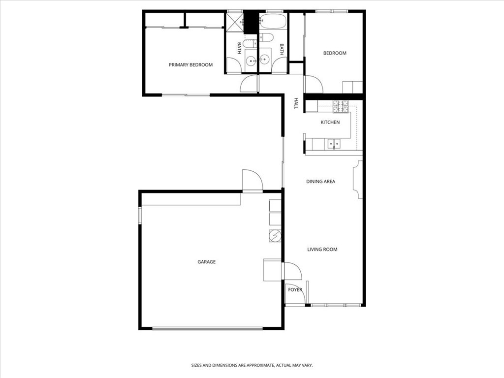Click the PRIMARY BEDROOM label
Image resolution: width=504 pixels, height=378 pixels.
tap(190, 65)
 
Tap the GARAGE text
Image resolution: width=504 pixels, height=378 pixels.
tap(206, 262)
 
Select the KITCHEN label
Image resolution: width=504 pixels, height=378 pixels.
tap(330, 122)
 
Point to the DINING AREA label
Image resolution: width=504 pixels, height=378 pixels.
tap(320, 182)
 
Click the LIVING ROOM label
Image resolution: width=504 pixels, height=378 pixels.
tap(322, 250)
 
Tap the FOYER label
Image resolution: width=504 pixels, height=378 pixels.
tap(295, 290)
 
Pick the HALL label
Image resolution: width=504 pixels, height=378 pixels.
tap(296, 103)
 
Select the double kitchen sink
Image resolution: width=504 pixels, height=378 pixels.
tap(334, 144)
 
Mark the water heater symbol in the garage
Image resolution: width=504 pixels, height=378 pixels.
tap(275, 236)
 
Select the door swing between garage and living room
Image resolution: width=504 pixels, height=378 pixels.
tap(290, 271)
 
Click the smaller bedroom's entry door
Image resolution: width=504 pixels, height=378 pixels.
tap(313, 85)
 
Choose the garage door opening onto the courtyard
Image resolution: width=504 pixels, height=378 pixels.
tap(252, 181)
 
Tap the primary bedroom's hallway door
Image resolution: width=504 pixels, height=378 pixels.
tap(250, 84)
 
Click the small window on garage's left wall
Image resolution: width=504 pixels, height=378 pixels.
tap(140, 216)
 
